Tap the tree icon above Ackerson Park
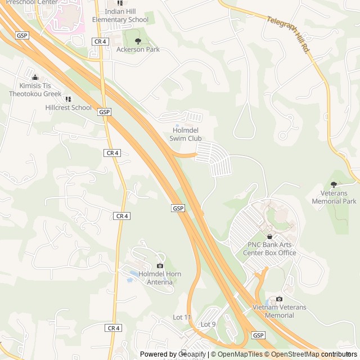click(x=138, y=41)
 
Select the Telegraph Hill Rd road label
click(x=289, y=34)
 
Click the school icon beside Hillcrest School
click(x=68, y=99)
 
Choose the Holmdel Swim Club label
click(x=186, y=134)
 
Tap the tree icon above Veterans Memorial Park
click(x=334, y=184)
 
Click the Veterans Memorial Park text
click(x=334, y=197)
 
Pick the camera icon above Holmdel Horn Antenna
click(x=160, y=265)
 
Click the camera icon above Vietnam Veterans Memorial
click(x=279, y=299)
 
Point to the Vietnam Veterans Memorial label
click(x=280, y=311)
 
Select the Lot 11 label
click(x=182, y=317)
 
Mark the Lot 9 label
click(x=208, y=324)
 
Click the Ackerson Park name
click(x=138, y=49)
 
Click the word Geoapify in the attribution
click(x=192, y=354)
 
